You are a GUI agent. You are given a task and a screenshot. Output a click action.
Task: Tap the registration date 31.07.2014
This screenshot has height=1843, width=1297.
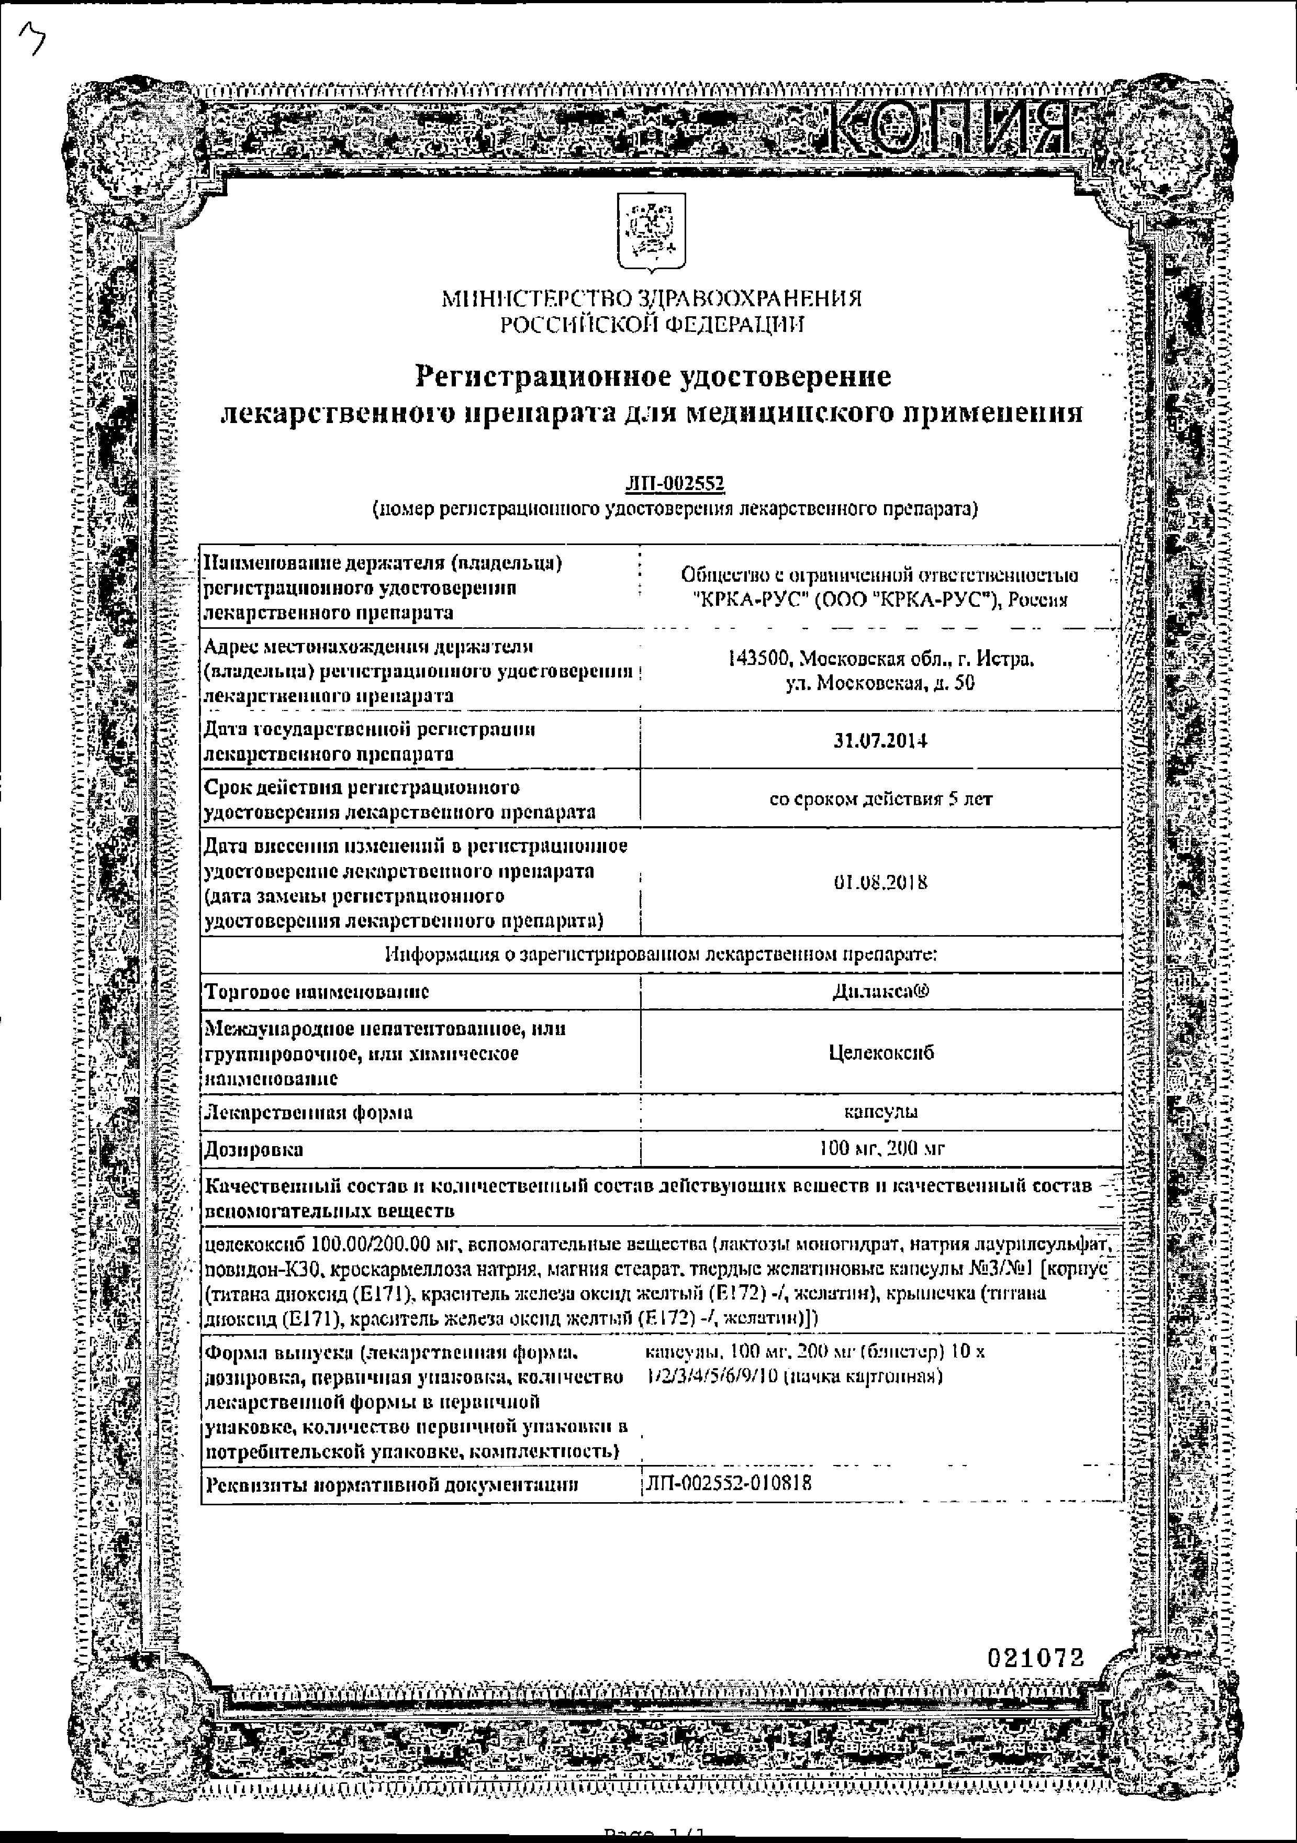pyautogui.click(x=880, y=741)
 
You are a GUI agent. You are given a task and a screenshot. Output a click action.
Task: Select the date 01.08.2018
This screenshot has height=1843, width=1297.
pyautogui.click(x=880, y=882)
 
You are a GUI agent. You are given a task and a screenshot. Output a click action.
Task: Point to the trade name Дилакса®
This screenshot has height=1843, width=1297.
pyautogui.click(x=880, y=991)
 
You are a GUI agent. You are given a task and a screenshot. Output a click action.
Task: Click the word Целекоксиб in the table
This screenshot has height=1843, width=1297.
pyautogui.click(x=880, y=1052)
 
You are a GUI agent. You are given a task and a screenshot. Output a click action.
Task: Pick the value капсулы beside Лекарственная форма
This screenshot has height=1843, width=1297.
pyautogui.click(x=880, y=1112)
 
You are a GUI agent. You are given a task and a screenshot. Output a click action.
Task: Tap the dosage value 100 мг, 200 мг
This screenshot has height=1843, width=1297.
pyautogui.click(x=880, y=1149)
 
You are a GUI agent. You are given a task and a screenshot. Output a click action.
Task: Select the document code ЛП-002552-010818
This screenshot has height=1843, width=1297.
pyautogui.click(x=728, y=1483)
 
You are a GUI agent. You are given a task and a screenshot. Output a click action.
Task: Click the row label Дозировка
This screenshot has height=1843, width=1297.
pyautogui.click(x=254, y=1149)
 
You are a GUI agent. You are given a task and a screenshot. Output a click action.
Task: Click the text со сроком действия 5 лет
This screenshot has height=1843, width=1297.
pyautogui.click(x=880, y=798)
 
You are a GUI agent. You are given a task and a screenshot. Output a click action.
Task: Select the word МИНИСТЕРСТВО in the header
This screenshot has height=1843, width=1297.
pyautogui.click(x=535, y=299)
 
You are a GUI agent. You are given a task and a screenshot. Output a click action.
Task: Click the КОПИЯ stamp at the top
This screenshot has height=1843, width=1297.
pyautogui.click(x=947, y=128)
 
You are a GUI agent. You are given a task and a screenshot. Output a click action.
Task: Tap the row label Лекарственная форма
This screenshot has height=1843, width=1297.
pyautogui.click(x=309, y=1113)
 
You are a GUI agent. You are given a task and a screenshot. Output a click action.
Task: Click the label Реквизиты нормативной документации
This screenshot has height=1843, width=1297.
pyautogui.click(x=392, y=1483)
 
